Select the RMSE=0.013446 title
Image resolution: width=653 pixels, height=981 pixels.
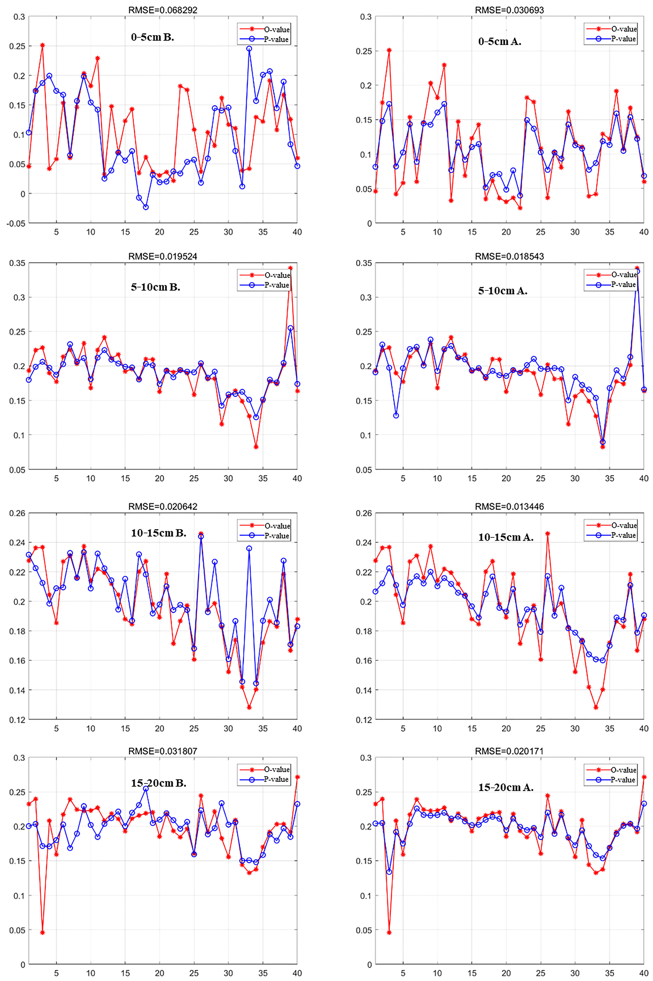pyautogui.click(x=509, y=507)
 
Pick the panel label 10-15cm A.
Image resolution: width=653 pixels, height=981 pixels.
pyautogui.click(x=506, y=537)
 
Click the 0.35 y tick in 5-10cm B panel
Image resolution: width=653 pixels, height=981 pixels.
pyautogui.click(x=18, y=263)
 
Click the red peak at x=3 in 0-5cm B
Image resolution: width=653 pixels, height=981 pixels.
pyautogui.click(x=42, y=45)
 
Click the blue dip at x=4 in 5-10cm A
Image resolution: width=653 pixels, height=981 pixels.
pyautogui.click(x=396, y=415)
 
